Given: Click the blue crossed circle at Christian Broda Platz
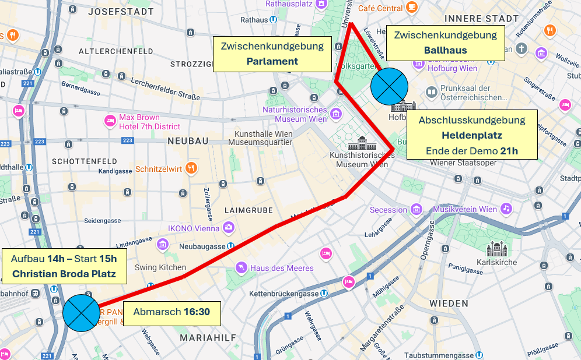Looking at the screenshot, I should (82, 313).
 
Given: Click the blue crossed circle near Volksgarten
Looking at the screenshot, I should (389, 86).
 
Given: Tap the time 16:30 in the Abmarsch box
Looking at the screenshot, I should (197, 312).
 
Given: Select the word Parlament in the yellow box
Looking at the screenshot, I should (272, 61).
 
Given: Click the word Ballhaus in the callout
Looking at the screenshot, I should (445, 50).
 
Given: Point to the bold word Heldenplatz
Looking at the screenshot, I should (471, 135).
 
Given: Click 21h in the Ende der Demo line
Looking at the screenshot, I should (509, 151).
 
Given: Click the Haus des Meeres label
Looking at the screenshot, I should (282, 268).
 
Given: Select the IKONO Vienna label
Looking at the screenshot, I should (194, 228).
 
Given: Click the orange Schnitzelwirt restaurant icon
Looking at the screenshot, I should (191, 169).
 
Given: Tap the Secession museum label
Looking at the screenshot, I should (388, 210).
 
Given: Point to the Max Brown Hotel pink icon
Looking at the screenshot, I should (110, 121).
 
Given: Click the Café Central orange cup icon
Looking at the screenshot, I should (412, 8).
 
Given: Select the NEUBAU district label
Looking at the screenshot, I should (187, 141).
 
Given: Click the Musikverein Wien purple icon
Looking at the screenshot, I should (506, 209).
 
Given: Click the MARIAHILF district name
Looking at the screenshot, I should (208, 338).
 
